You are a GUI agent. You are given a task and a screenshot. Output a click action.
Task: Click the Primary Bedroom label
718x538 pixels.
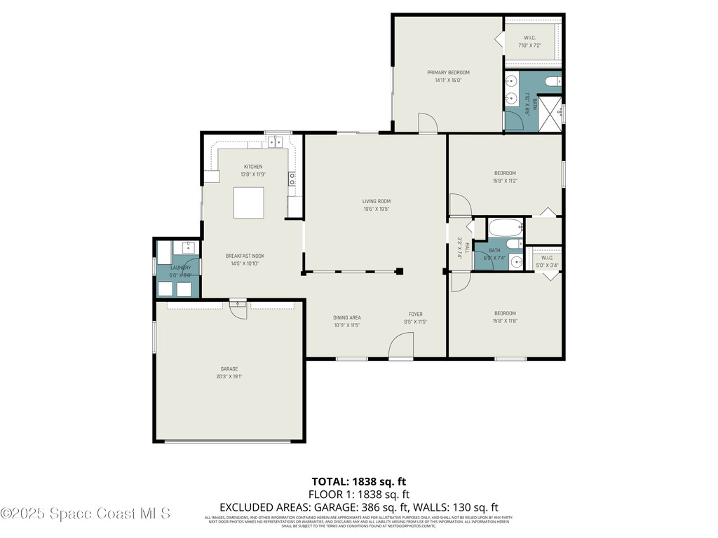click(448, 72)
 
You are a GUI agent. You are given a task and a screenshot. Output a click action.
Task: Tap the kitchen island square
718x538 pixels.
click(248, 203)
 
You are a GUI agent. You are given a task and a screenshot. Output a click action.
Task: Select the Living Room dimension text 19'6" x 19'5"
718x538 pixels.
click(376, 209)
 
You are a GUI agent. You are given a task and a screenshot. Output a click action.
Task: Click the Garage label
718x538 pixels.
click(229, 368)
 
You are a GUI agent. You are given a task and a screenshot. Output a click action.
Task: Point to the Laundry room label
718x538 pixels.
click(180, 268)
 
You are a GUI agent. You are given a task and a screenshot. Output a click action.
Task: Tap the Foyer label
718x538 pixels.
click(416, 314)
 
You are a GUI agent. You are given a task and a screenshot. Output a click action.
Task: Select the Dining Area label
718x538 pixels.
click(346, 317)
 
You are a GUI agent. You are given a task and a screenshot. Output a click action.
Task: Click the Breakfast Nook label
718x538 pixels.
click(245, 256)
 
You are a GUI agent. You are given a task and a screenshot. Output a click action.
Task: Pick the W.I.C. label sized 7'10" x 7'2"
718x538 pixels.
click(529, 37)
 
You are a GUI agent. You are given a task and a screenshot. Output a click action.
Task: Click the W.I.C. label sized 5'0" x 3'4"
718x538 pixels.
click(548, 257)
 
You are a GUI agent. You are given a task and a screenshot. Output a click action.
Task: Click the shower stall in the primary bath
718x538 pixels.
click(551, 113)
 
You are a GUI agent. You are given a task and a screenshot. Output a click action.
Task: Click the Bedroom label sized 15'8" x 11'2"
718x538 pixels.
click(505, 173)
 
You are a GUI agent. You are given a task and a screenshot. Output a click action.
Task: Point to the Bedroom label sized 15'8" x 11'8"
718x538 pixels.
click(505, 313)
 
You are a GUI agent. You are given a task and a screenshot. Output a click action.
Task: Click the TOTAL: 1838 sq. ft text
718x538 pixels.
click(359, 481)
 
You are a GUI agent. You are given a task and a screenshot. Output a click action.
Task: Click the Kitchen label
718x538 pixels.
click(253, 167)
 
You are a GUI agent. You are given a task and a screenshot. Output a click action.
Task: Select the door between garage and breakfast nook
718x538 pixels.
click(238, 309)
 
